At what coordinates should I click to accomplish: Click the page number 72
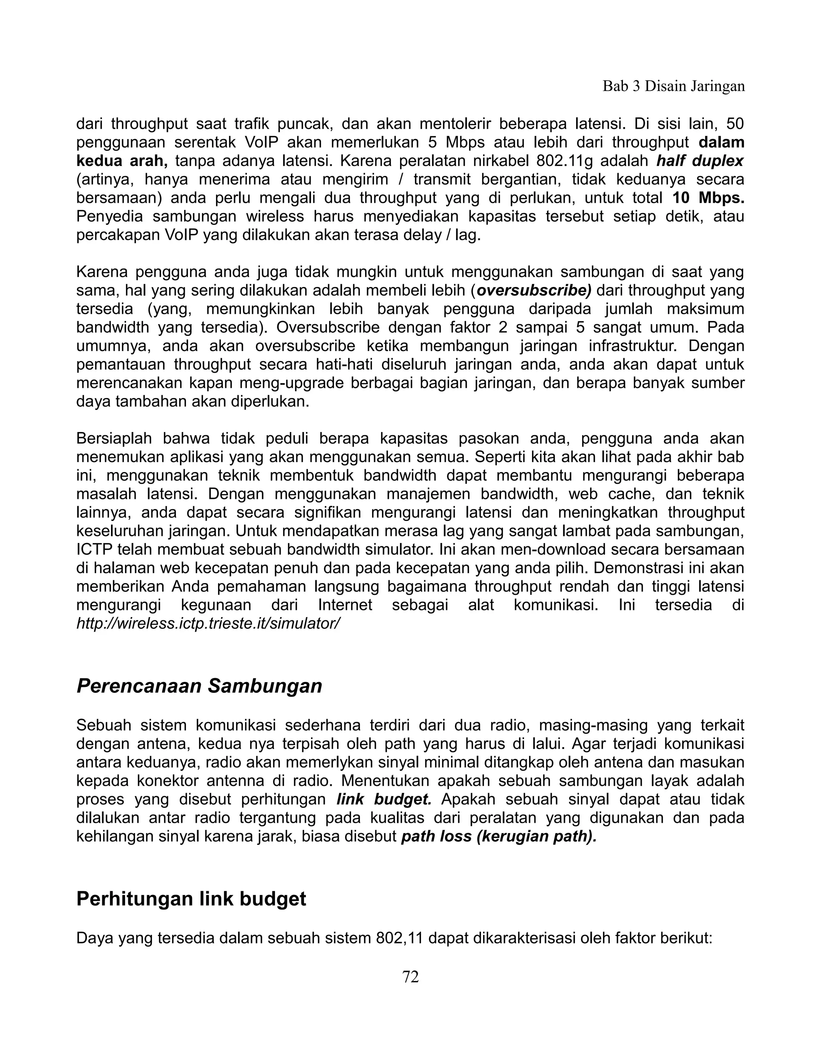(410, 976)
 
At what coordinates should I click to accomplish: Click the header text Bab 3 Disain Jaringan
(673, 86)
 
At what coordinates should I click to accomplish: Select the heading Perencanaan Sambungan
(199, 686)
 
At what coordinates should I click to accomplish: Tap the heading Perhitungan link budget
(191, 898)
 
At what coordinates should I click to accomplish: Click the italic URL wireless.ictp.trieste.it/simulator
(208, 624)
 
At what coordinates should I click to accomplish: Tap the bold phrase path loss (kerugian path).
(499, 836)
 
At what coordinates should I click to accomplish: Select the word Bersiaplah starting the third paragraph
(114, 438)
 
